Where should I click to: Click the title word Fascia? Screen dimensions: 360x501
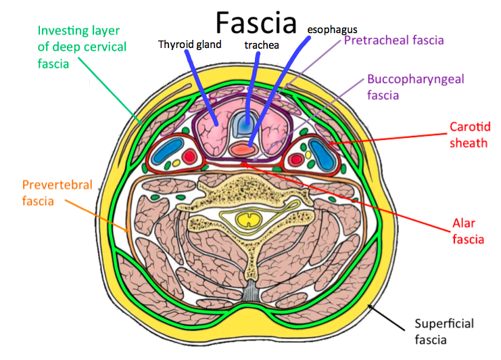click(256, 22)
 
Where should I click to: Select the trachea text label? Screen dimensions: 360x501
click(259, 45)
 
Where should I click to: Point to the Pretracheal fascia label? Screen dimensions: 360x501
click(393, 41)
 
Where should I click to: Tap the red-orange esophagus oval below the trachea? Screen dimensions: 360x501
click(247, 146)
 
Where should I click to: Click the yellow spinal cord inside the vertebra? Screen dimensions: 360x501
click(247, 219)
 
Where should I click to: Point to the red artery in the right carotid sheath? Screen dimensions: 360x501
click(295, 160)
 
